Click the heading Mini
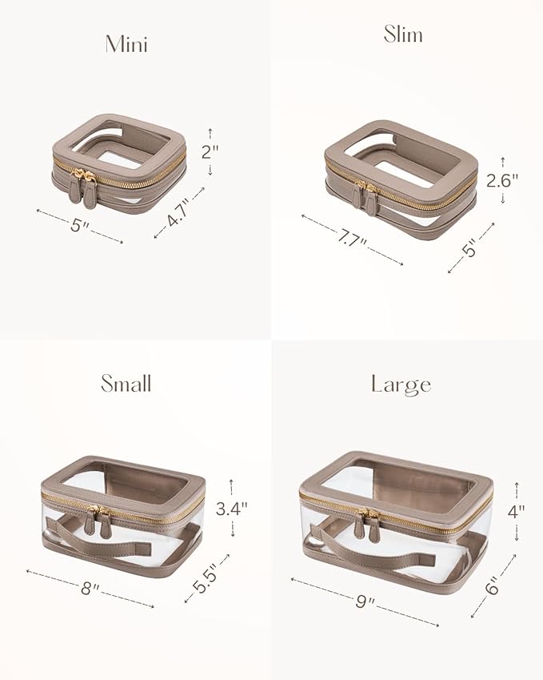coord(126,44)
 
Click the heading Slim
coord(402,34)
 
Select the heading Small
coord(126,384)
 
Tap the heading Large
coord(401,384)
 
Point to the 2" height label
coord(210,151)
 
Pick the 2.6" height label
coord(503,180)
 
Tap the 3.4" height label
coord(233,508)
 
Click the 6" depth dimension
coord(492,587)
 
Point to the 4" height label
coord(517,510)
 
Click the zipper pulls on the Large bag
coord(369,520)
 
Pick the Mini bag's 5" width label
coord(78,225)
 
